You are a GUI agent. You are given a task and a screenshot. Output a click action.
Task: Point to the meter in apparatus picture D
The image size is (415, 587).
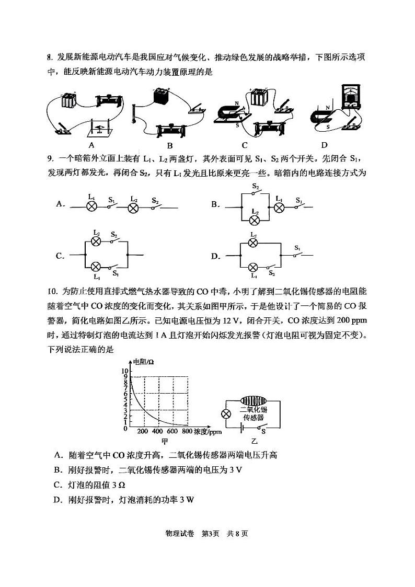click(351, 96)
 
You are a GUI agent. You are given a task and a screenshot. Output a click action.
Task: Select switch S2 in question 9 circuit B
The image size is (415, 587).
click(255, 192)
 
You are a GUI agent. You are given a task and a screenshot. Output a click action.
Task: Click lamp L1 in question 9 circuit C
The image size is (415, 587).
click(97, 266)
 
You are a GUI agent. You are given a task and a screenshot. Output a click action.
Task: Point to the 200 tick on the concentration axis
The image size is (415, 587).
click(143, 432)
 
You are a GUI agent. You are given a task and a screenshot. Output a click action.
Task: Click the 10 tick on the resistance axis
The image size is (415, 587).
click(124, 370)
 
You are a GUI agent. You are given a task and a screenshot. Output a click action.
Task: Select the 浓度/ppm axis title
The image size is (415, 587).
click(208, 432)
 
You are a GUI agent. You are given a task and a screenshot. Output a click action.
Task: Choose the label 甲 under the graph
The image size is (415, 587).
click(164, 442)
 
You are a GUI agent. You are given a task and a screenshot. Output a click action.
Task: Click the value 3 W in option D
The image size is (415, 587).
click(187, 500)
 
